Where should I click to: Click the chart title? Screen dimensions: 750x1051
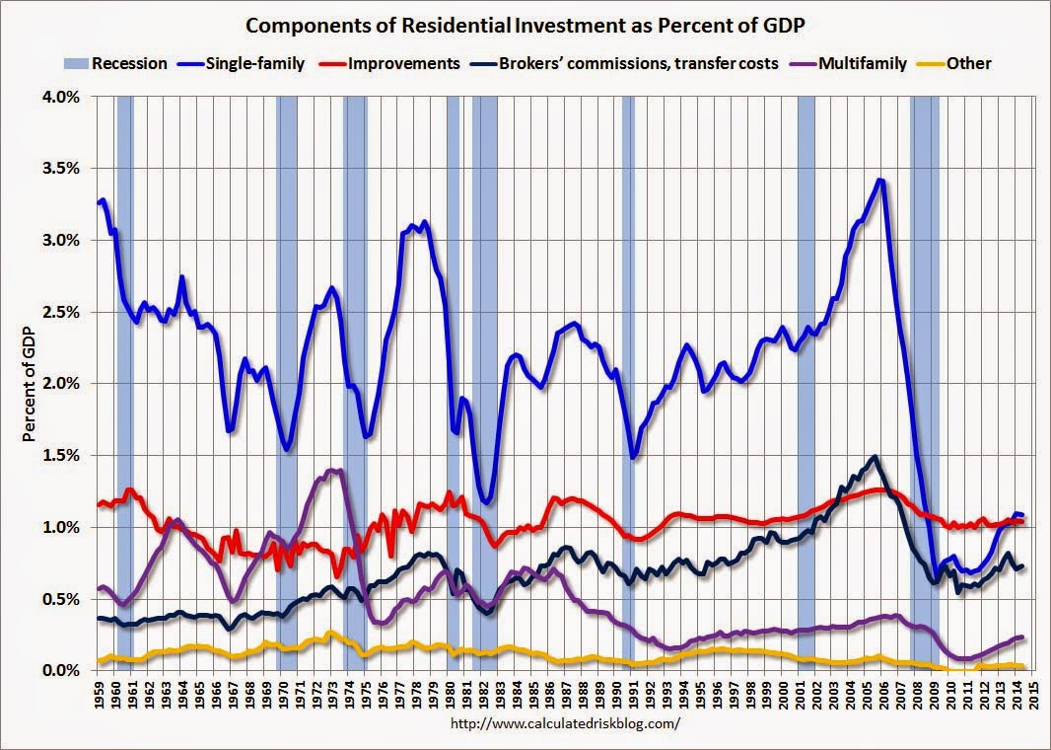coord(525,24)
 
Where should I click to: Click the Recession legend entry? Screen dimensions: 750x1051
coord(129,63)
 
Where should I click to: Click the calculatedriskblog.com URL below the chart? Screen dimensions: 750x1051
coord(564,723)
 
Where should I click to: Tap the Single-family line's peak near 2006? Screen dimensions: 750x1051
coord(880,181)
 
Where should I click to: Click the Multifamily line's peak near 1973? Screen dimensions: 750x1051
coord(333,470)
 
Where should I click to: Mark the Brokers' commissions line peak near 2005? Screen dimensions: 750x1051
coord(875,457)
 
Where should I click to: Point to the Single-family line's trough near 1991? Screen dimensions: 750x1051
coord(634,457)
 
